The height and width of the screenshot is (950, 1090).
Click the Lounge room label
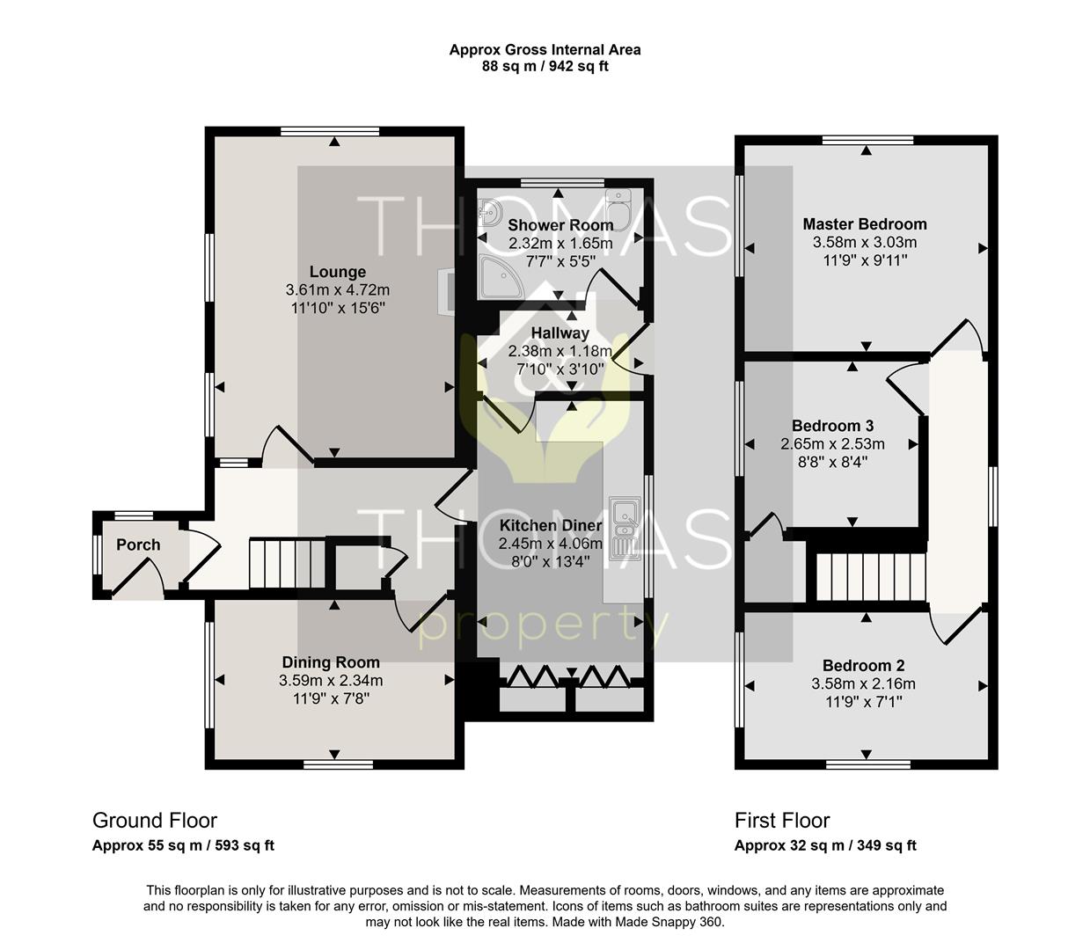pyautogui.click(x=337, y=272)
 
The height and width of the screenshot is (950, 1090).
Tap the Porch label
pyautogui.click(x=138, y=544)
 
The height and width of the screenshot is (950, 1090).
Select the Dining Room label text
pyautogui.click(x=331, y=662)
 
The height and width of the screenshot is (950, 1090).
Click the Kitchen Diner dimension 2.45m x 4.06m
pyautogui.click(x=550, y=544)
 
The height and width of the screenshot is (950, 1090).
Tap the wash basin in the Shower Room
pyautogui.click(x=489, y=212)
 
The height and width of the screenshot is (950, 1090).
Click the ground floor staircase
pyautogui.click(x=286, y=564)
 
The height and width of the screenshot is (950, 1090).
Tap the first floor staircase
pyautogui.click(x=869, y=576)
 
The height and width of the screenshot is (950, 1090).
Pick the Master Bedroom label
pyautogui.click(x=864, y=224)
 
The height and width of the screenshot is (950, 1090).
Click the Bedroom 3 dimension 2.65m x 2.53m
pyautogui.click(x=832, y=444)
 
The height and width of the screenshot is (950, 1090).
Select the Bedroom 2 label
pyautogui.click(x=863, y=666)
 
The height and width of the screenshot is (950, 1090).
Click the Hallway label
pyautogui.click(x=560, y=333)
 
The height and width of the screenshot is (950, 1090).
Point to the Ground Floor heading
pyautogui.click(x=155, y=821)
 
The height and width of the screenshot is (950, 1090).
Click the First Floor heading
pyautogui.click(x=782, y=821)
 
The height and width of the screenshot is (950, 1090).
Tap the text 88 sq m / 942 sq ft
pyautogui.click(x=545, y=66)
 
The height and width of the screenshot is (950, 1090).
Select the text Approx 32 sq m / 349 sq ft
pyautogui.click(x=825, y=846)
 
